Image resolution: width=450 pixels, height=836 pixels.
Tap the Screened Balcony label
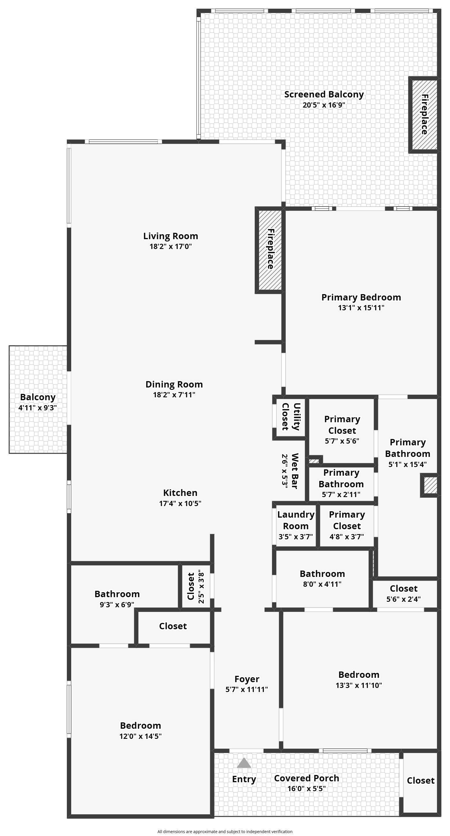(x=324, y=95)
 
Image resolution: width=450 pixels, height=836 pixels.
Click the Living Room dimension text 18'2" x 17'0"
(x=170, y=246)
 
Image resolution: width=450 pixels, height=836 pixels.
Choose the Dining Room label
(x=174, y=384)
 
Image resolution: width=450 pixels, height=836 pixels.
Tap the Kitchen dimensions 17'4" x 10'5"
(x=180, y=503)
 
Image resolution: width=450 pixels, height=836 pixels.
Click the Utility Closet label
(x=291, y=416)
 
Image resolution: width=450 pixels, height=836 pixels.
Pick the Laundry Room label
(x=296, y=520)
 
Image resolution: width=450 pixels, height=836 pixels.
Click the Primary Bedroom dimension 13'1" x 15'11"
(x=361, y=308)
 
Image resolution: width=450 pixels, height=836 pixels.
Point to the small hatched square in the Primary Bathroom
(x=429, y=485)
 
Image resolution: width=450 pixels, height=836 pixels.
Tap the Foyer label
(x=247, y=679)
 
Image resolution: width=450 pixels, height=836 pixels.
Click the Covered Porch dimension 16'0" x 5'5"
(x=306, y=789)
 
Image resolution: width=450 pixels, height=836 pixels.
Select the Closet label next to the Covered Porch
(x=420, y=780)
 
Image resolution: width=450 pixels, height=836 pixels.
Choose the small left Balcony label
(x=38, y=397)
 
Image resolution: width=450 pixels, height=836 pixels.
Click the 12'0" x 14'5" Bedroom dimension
(x=140, y=736)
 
